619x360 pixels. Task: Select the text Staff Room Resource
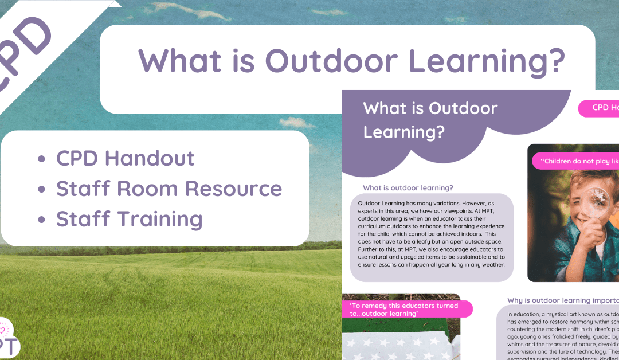tap(169, 189)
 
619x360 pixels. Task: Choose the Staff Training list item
tap(129, 219)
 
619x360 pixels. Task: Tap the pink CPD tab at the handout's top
tap(599, 108)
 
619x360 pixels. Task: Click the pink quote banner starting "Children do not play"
tap(576, 161)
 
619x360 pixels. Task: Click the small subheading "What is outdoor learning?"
tap(408, 187)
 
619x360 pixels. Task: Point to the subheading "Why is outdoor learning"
tap(562, 300)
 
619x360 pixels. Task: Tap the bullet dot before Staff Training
tap(41, 219)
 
